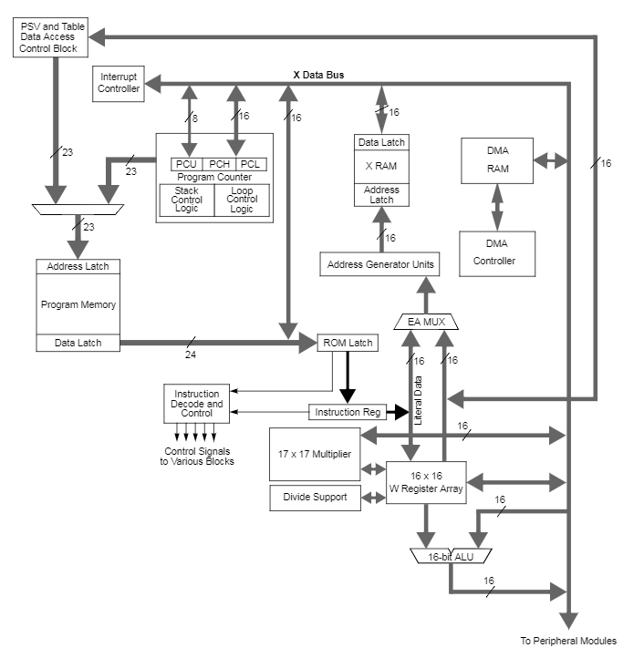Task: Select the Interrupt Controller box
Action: (x=119, y=83)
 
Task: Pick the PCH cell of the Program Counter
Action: (x=219, y=164)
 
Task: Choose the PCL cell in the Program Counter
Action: (x=253, y=164)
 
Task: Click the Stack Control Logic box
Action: (x=186, y=200)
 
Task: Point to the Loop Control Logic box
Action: (x=242, y=200)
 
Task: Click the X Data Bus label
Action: (x=318, y=75)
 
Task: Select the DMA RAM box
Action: (x=497, y=160)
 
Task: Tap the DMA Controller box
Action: (x=497, y=253)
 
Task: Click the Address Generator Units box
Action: (x=379, y=264)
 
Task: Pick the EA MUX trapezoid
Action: (x=426, y=322)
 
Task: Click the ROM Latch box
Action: (x=347, y=343)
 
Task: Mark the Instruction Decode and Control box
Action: (x=197, y=403)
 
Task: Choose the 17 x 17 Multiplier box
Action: (x=315, y=454)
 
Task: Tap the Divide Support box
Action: (x=315, y=498)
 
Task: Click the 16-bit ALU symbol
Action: (x=449, y=555)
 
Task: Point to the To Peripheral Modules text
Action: (x=568, y=641)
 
